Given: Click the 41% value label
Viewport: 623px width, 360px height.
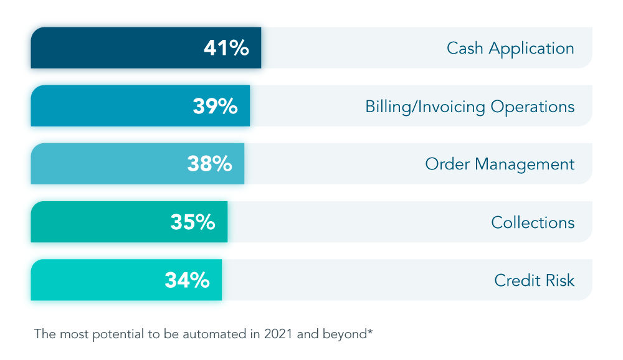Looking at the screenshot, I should pos(226,48).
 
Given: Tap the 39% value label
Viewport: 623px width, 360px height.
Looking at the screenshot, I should pos(215,107).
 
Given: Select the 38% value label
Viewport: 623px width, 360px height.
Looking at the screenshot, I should pos(209,164).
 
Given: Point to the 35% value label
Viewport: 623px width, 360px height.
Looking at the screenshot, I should pos(193,222).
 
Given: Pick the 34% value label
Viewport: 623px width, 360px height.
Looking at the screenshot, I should pos(187,280).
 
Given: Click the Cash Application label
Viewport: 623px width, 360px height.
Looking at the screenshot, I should pos(510,49).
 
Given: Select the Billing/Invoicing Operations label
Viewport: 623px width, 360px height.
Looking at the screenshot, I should pos(470,107).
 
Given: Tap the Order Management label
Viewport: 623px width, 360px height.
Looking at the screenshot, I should pos(500,164).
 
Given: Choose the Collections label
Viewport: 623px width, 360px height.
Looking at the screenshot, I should pos(533,222).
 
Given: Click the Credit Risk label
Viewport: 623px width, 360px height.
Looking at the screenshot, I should pos(534,280).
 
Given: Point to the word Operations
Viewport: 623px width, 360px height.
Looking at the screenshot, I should pos(533,107).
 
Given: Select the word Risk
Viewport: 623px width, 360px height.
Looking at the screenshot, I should pos(561,280).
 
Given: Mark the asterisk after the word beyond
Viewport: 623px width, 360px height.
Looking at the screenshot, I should pos(370,331).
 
